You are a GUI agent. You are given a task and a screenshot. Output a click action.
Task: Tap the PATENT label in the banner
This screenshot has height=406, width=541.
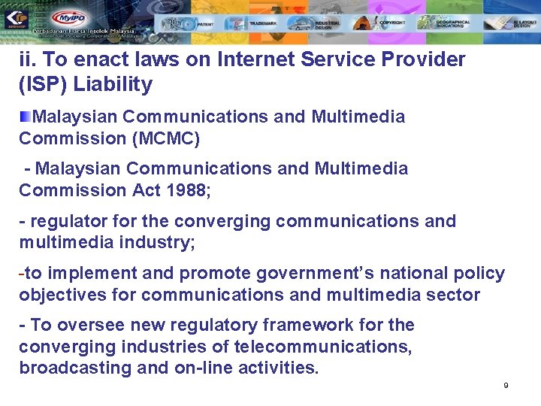click(x=206, y=24)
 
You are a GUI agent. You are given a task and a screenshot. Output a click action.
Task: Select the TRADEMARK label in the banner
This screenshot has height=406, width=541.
click(x=263, y=24)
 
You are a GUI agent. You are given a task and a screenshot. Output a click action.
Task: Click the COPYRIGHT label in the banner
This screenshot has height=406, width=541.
click(x=392, y=23)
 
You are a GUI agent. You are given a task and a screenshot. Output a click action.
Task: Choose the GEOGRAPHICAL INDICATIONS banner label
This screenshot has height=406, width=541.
click(x=455, y=23)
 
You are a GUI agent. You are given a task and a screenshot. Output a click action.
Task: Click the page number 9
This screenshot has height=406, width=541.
click(x=506, y=386)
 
